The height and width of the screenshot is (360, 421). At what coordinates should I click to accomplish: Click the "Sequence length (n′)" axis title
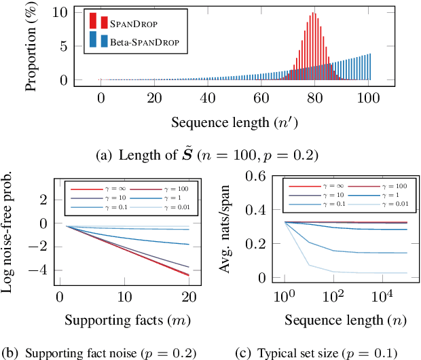[234, 123]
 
